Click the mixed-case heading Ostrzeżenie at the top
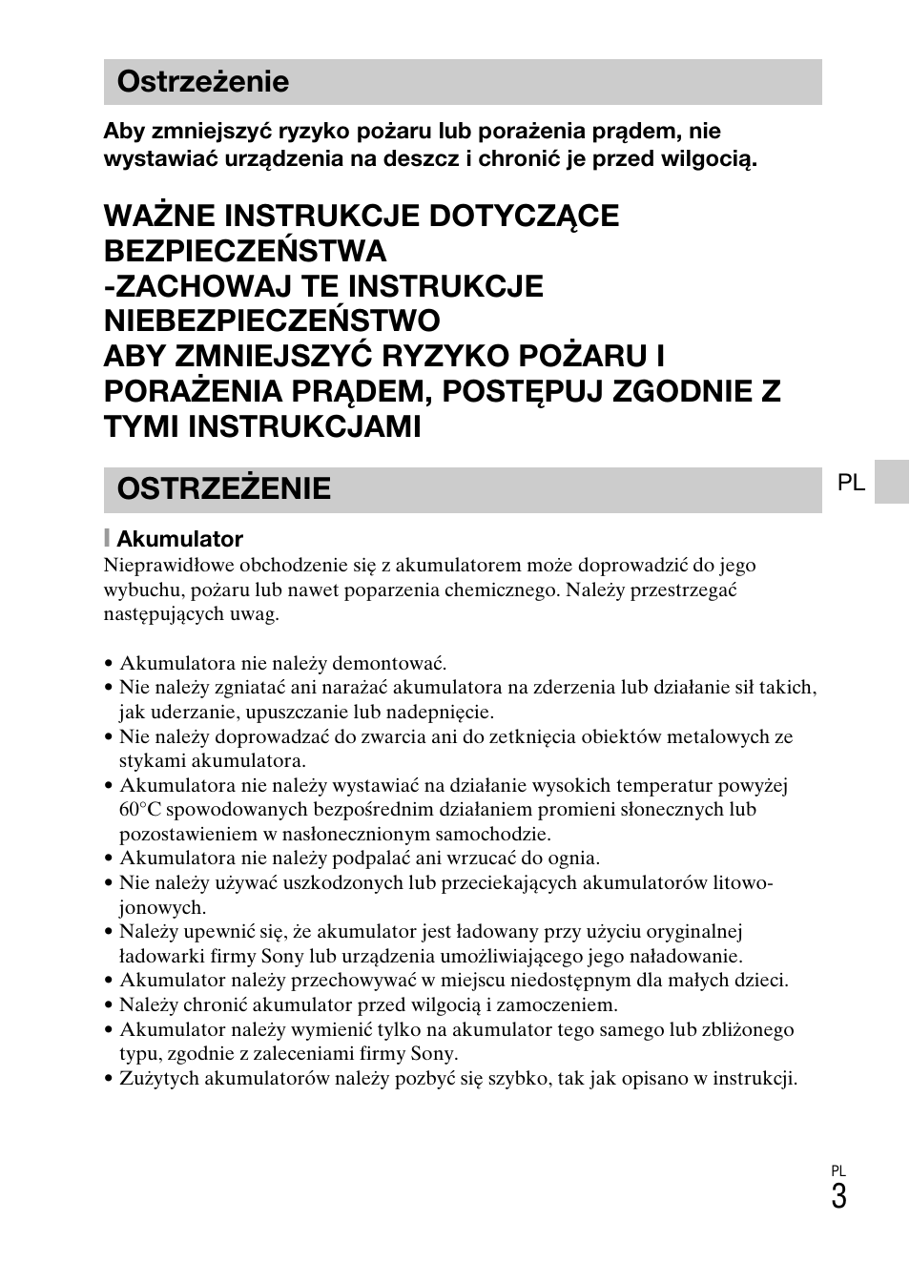pyautogui.click(x=202, y=82)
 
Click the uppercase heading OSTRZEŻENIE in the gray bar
pyautogui.click(x=223, y=488)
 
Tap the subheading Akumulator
pyautogui.click(x=179, y=539)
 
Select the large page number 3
pyautogui.click(x=838, y=1196)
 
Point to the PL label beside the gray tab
pyautogui.click(x=851, y=484)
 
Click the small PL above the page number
pyautogui.click(x=838, y=1170)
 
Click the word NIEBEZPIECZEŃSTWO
pyautogui.click(x=272, y=320)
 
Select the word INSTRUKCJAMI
pyautogui.click(x=304, y=425)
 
